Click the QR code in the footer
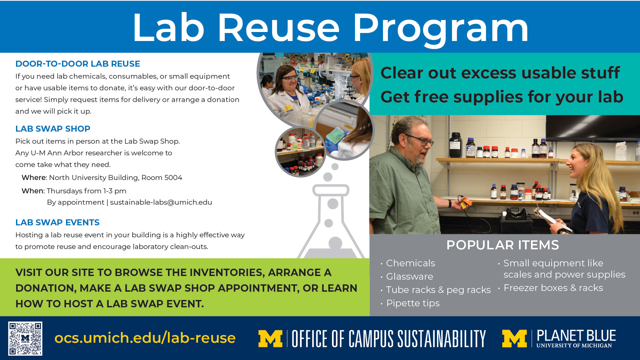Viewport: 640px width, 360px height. pos(25,338)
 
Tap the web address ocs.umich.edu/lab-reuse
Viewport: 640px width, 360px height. pos(145,338)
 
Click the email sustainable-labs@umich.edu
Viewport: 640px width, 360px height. pos(161,202)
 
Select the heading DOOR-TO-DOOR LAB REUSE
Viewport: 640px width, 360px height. pos(78,64)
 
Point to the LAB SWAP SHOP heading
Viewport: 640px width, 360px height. pos(53,129)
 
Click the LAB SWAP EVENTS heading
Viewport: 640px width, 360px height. pos(57,222)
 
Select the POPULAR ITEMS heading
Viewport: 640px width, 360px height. pos(503,245)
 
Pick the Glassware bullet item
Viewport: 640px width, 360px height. pos(410,276)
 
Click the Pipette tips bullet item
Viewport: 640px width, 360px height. pos(413,303)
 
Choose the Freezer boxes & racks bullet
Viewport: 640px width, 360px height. pos(553,288)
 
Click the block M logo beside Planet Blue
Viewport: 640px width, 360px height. pos(514,339)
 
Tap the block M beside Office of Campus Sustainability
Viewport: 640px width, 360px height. pos(270,339)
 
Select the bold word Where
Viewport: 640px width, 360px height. pos(34,178)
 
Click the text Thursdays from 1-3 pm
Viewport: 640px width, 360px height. pos(86,191)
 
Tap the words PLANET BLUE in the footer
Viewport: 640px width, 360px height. pos(576,335)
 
